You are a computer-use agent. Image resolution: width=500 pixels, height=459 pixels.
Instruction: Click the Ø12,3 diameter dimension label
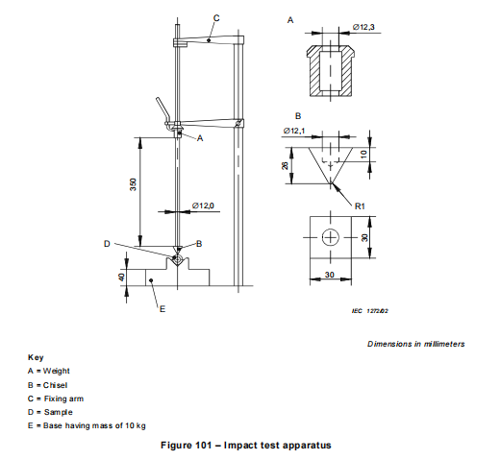[x=363, y=27]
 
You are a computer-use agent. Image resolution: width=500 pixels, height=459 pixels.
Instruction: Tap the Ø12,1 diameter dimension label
[x=294, y=131]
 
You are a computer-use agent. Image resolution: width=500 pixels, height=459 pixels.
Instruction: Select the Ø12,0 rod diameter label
[x=203, y=205]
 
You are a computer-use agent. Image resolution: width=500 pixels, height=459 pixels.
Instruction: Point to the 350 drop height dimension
[x=133, y=184]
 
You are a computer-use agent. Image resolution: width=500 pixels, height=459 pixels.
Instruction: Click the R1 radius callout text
[x=360, y=206]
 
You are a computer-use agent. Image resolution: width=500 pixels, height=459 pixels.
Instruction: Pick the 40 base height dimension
[x=122, y=277]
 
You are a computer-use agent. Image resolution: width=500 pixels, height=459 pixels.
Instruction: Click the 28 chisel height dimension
[x=285, y=165]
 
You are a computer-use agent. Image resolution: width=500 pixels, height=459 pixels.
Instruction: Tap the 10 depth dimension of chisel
[x=363, y=155]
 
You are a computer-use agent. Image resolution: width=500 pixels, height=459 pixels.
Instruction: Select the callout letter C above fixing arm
[x=216, y=18]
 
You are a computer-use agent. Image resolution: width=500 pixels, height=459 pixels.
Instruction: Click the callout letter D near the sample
[x=107, y=244]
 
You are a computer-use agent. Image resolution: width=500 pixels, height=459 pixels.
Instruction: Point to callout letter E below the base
[x=162, y=309]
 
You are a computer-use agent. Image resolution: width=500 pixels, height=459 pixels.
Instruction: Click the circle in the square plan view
[x=330, y=237]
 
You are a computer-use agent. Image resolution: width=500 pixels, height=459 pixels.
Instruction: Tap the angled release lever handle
[x=162, y=109]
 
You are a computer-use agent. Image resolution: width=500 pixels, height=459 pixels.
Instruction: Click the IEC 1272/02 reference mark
[x=370, y=311]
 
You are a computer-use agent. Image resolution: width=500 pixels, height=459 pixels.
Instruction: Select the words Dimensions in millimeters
[x=415, y=344]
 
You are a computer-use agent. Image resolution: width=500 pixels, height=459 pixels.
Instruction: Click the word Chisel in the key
[x=55, y=385]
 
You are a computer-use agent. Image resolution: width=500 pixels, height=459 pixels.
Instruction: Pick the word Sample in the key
[x=58, y=412]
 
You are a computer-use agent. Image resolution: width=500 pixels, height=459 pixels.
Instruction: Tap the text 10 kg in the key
[x=136, y=425]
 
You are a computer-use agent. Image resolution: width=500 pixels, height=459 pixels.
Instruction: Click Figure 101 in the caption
[x=187, y=446]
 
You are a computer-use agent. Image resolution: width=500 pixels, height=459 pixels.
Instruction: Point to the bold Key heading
[x=36, y=357]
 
